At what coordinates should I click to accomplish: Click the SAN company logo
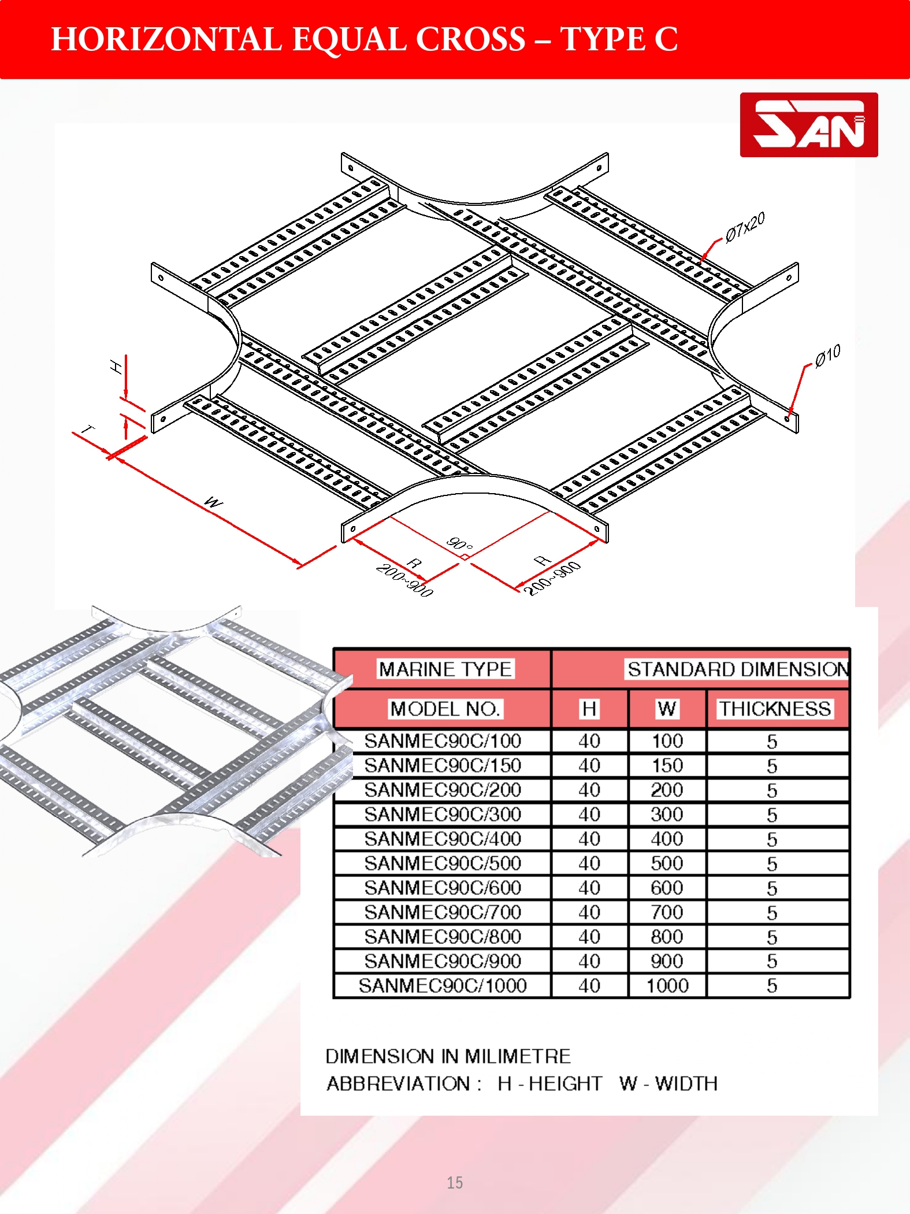[809, 125]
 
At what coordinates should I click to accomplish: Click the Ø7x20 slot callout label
[745, 226]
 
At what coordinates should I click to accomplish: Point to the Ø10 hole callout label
[827, 356]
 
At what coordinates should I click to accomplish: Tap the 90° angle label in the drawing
[460, 544]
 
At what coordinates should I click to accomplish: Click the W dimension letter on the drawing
[214, 502]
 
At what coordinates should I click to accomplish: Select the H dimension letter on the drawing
[116, 366]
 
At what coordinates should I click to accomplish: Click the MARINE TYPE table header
[445, 669]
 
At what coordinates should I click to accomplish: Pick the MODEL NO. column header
[445, 709]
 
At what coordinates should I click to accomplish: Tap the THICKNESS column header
[774, 709]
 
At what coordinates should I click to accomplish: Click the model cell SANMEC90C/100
[443, 741]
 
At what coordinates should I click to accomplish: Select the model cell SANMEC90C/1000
[443, 986]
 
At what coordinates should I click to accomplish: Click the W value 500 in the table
[667, 863]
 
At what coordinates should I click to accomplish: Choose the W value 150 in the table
[667, 765]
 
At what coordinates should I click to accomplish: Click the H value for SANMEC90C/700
[589, 912]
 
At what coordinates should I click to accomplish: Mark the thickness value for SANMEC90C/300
[772, 815]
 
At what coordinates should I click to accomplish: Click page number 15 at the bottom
[455, 1183]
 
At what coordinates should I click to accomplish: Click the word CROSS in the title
[471, 39]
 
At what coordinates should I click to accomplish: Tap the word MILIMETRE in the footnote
[517, 1056]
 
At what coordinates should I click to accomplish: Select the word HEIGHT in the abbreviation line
[565, 1083]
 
